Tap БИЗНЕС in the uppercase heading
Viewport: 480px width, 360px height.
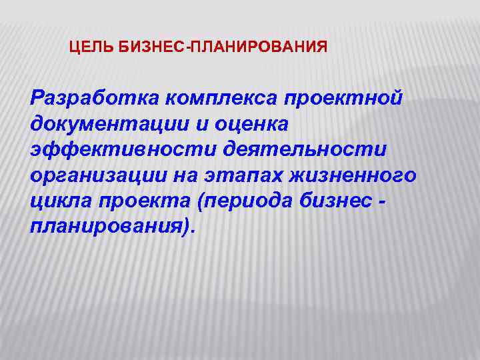145,47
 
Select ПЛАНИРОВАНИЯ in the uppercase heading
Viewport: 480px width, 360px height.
260,47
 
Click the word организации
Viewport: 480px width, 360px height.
94,175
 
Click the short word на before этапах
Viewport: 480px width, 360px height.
181,175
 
